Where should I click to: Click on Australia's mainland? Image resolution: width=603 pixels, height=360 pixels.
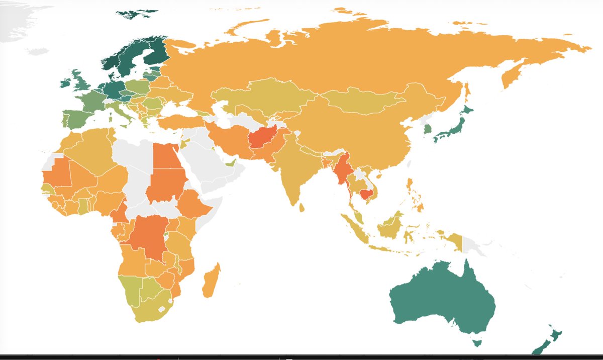pyautogui.click(x=442, y=302)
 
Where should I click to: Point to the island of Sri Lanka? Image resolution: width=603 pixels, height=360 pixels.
pyautogui.click(x=301, y=207)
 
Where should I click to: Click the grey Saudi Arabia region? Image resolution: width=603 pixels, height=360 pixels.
pyautogui.click(x=211, y=161)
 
